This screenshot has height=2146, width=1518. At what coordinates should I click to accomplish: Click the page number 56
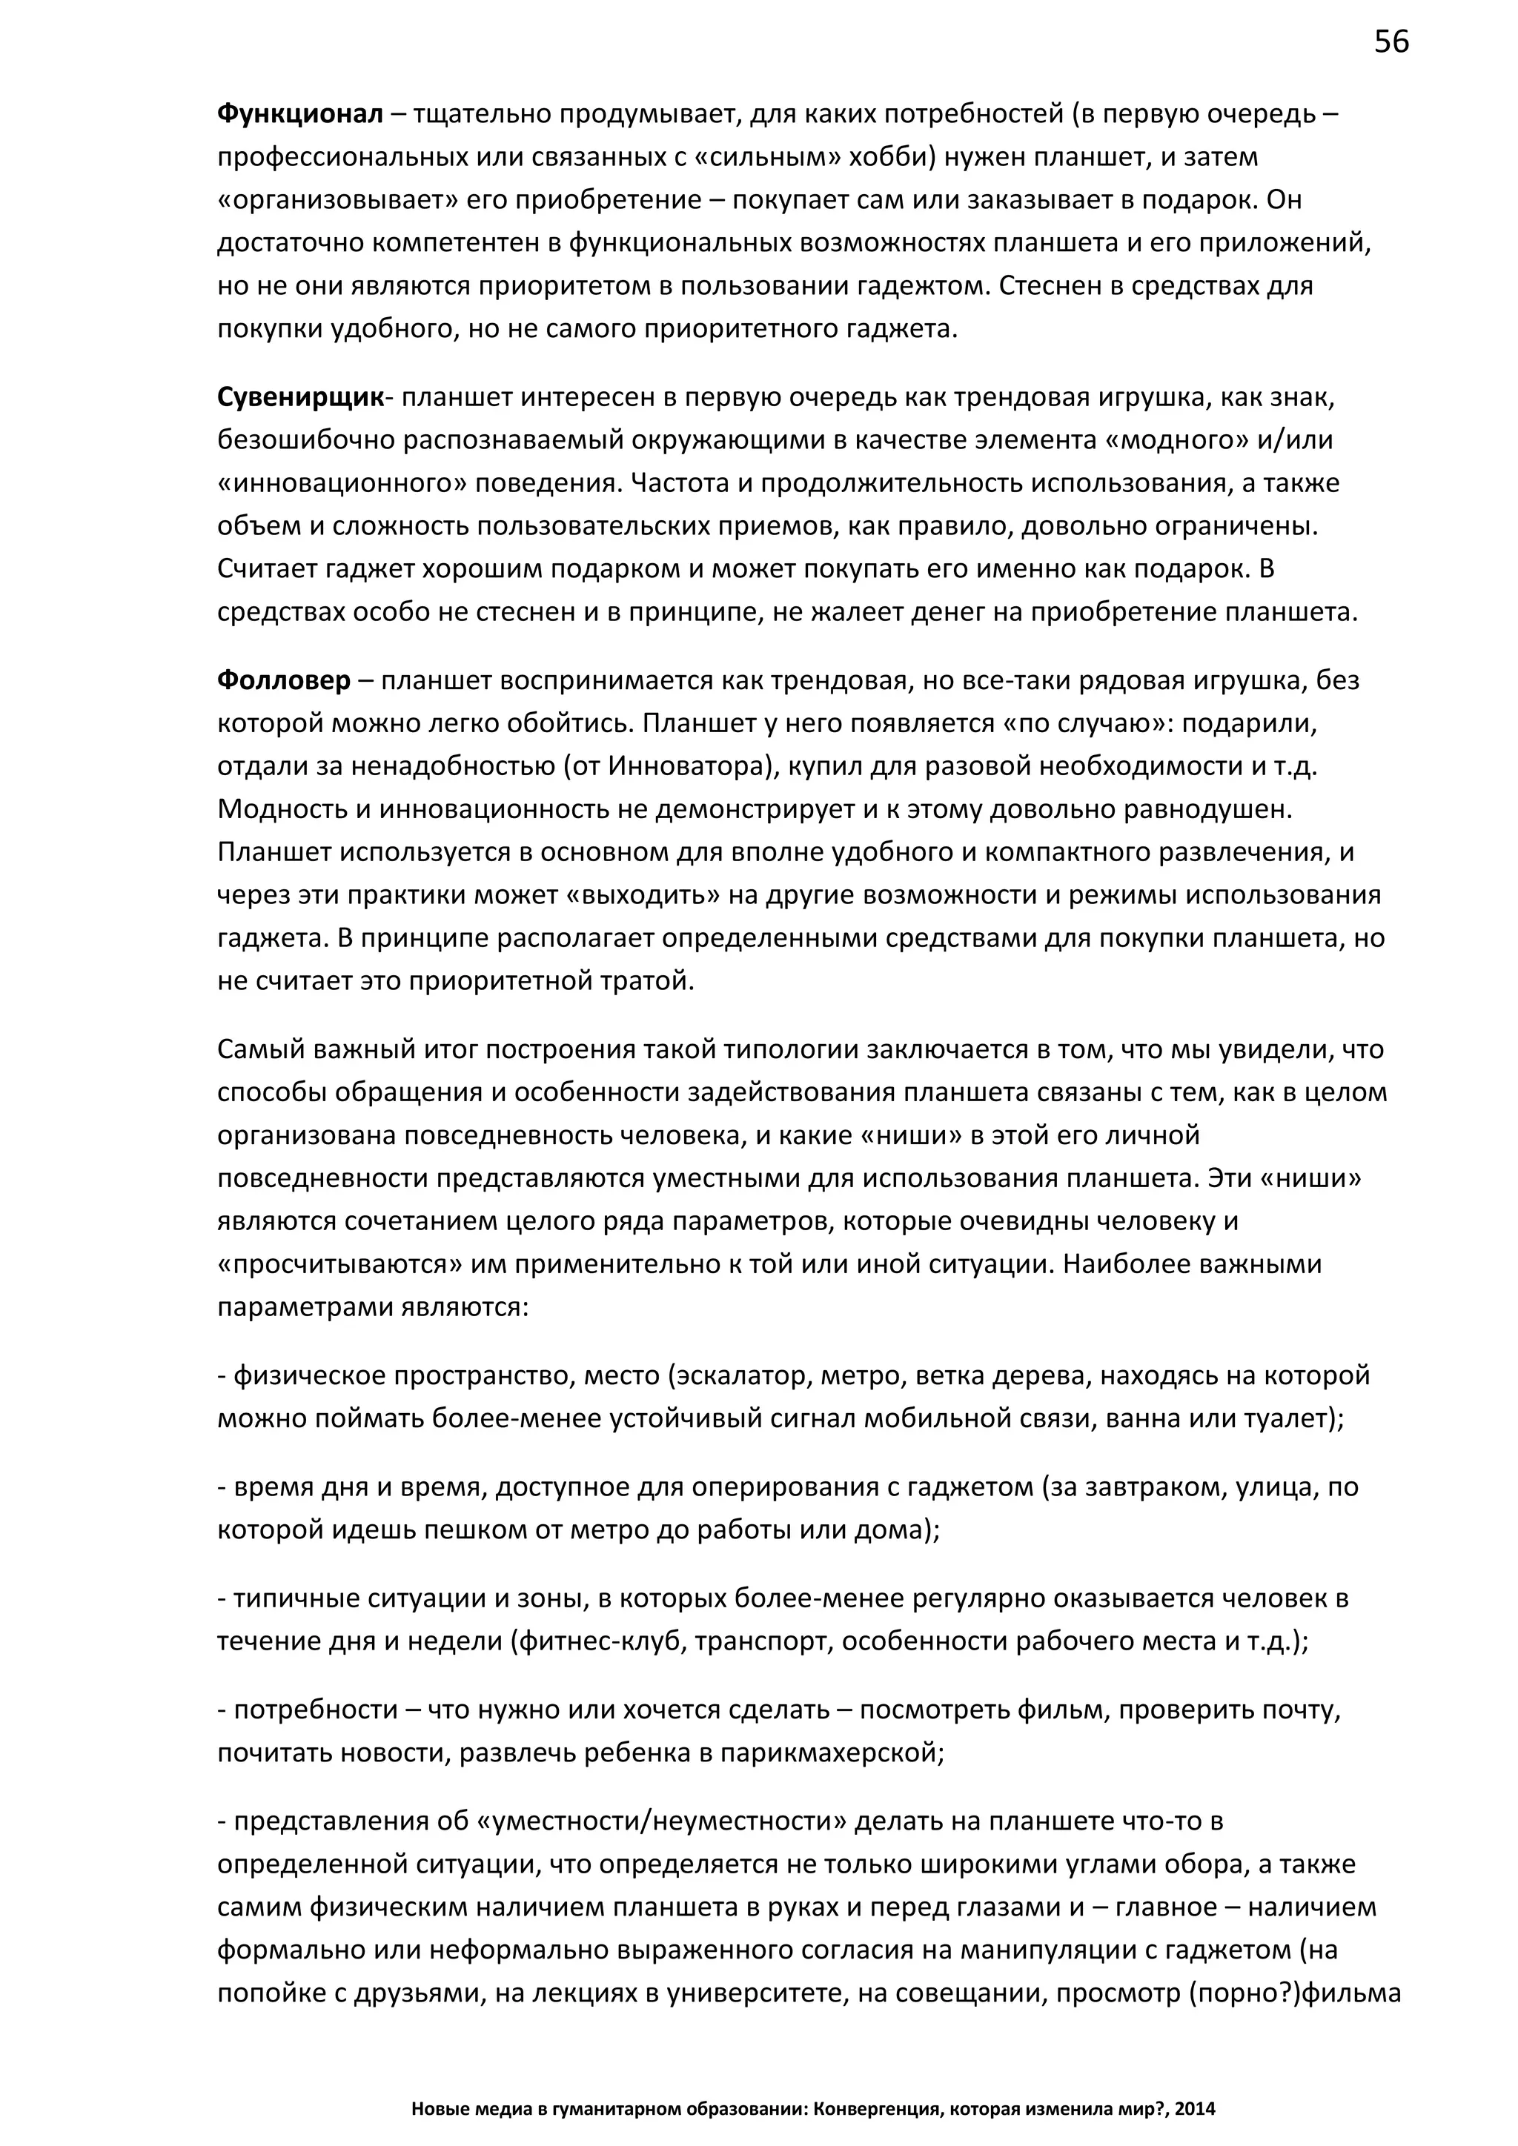[1391, 43]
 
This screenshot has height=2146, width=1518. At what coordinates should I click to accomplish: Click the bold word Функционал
[300, 114]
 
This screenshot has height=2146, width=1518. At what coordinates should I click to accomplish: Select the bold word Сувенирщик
[300, 397]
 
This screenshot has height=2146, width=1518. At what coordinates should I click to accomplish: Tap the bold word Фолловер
[284, 680]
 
